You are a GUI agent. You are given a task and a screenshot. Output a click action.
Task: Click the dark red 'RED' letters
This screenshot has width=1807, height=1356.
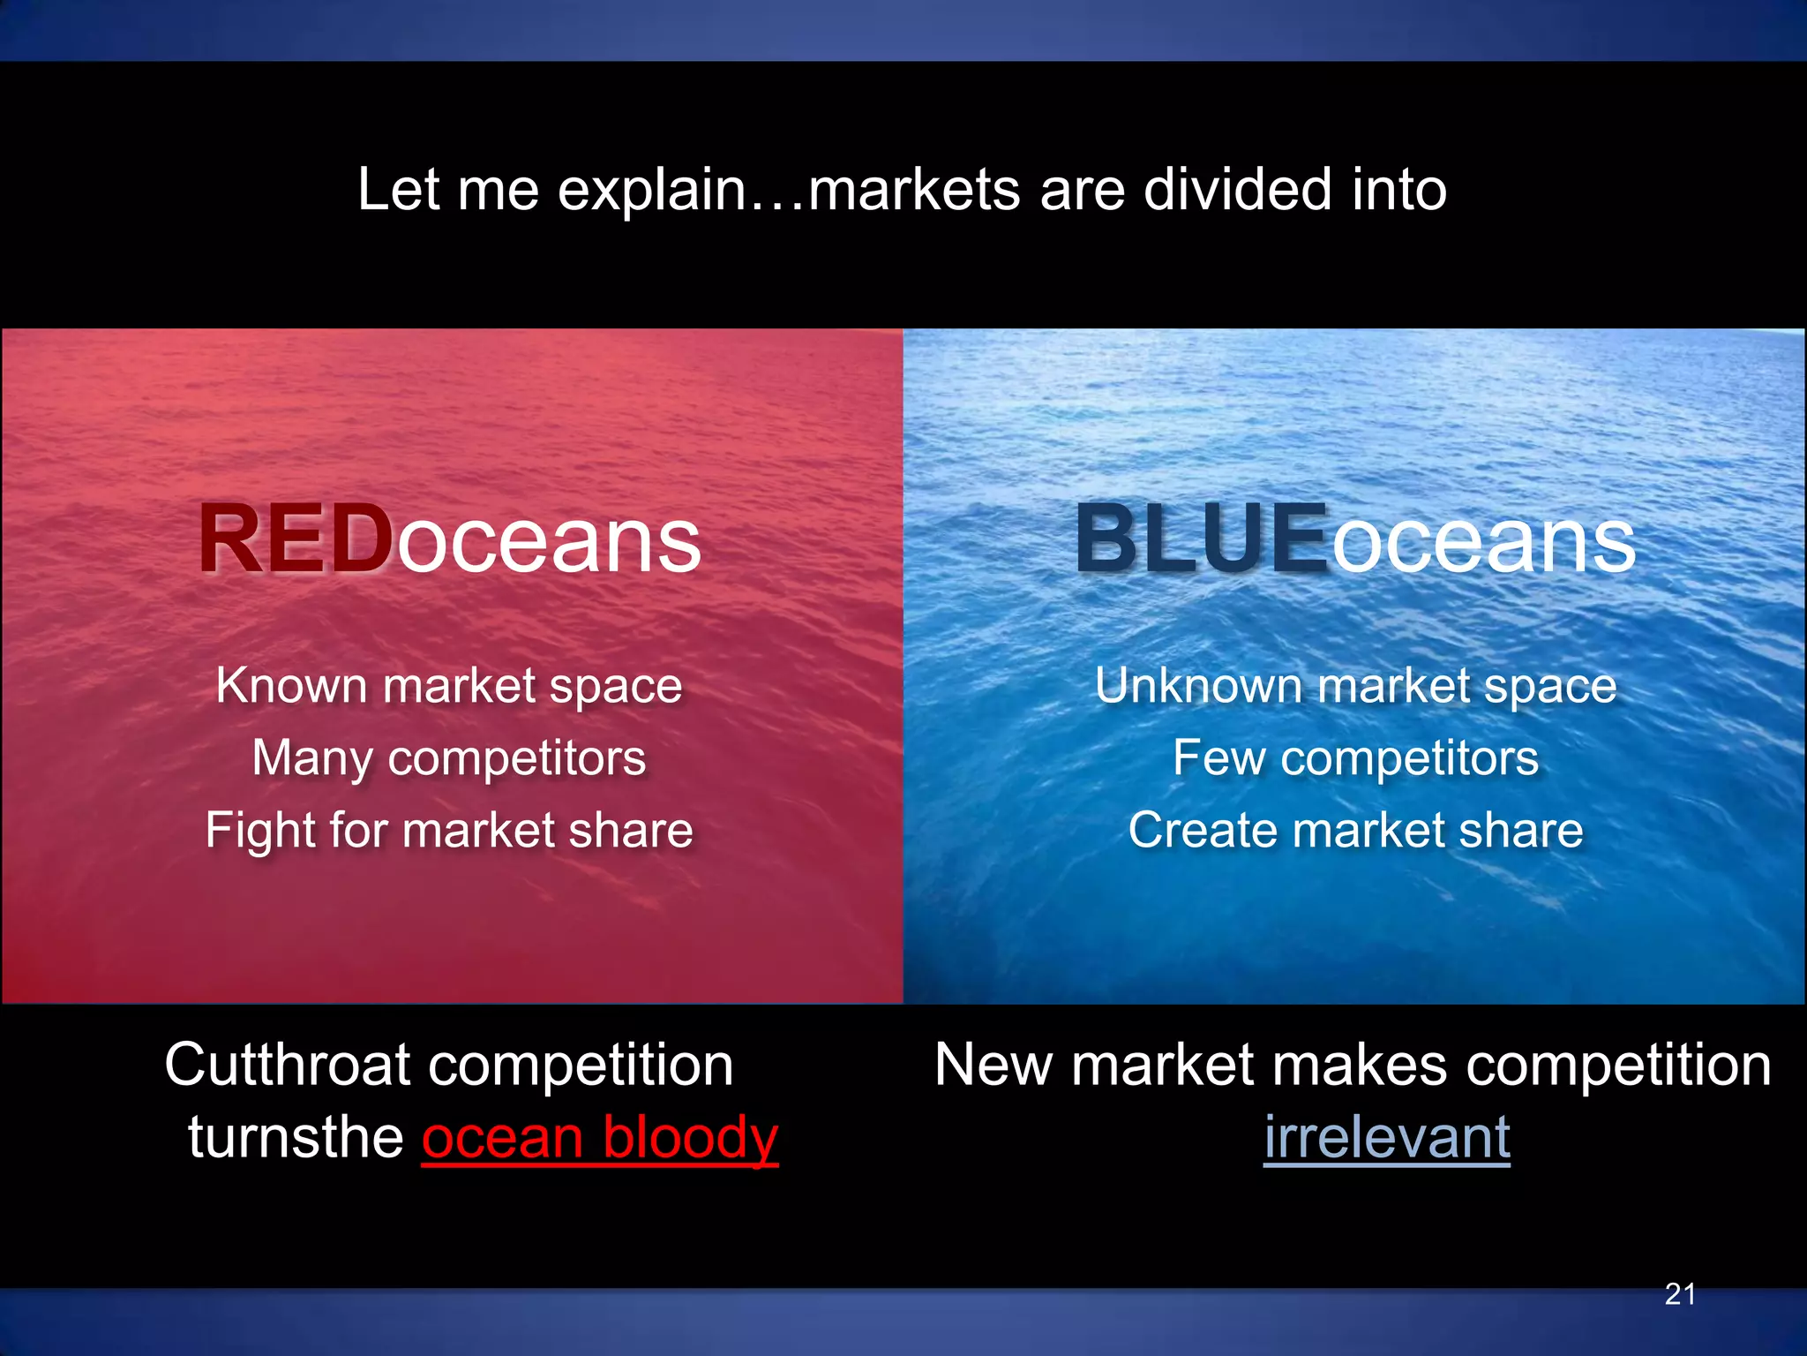[x=296, y=539]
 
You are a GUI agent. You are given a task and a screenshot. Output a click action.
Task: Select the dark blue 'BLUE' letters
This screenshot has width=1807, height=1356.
[x=1201, y=539]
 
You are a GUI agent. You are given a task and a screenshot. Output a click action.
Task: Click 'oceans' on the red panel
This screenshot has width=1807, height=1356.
[x=549, y=540]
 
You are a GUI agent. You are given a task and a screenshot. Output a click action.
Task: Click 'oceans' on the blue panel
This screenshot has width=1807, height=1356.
[x=1483, y=540]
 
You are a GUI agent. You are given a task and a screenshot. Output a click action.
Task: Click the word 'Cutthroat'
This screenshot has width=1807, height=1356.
[x=288, y=1065]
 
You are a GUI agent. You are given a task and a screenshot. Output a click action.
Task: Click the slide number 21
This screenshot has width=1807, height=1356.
[x=1680, y=1294]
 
